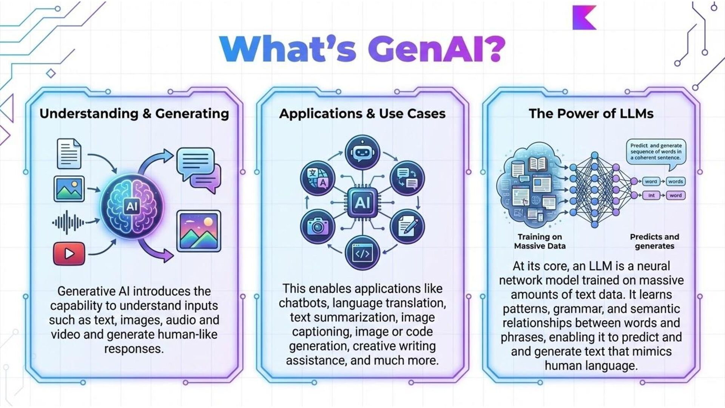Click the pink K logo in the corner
pyautogui.click(x=583, y=17)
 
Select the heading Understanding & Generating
pyautogui.click(x=134, y=113)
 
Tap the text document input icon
pyautogui.click(x=69, y=154)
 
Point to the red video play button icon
pyautogui.click(x=69, y=253)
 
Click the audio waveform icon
pyautogui.click(x=68, y=223)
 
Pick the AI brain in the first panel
pyautogui.click(x=132, y=206)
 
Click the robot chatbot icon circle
pyautogui.click(x=362, y=152)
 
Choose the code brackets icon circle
pyautogui.click(x=362, y=253)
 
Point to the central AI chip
pyautogui.click(x=362, y=203)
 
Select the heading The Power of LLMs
pyautogui.click(x=591, y=113)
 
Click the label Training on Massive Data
pyautogui.click(x=540, y=241)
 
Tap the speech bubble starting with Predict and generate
pyautogui.click(x=656, y=151)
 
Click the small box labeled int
pyautogui.click(x=651, y=195)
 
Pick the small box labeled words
pyautogui.click(x=675, y=181)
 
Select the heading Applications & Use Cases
pyautogui.click(x=362, y=113)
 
